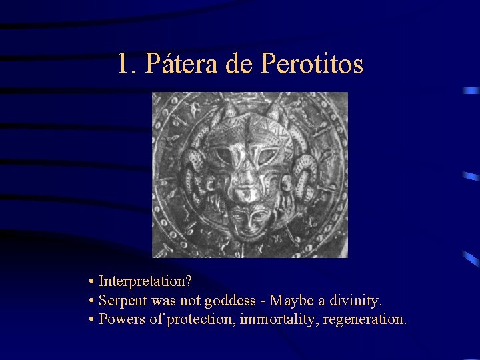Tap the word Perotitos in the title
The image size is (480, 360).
pos(312,64)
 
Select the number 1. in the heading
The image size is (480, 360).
pos(126,64)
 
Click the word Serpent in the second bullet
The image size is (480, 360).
pos(121,301)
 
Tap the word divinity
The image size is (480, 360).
pos(355,301)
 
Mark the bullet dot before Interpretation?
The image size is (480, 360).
pos(91,283)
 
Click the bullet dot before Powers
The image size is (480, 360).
pos(91,320)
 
